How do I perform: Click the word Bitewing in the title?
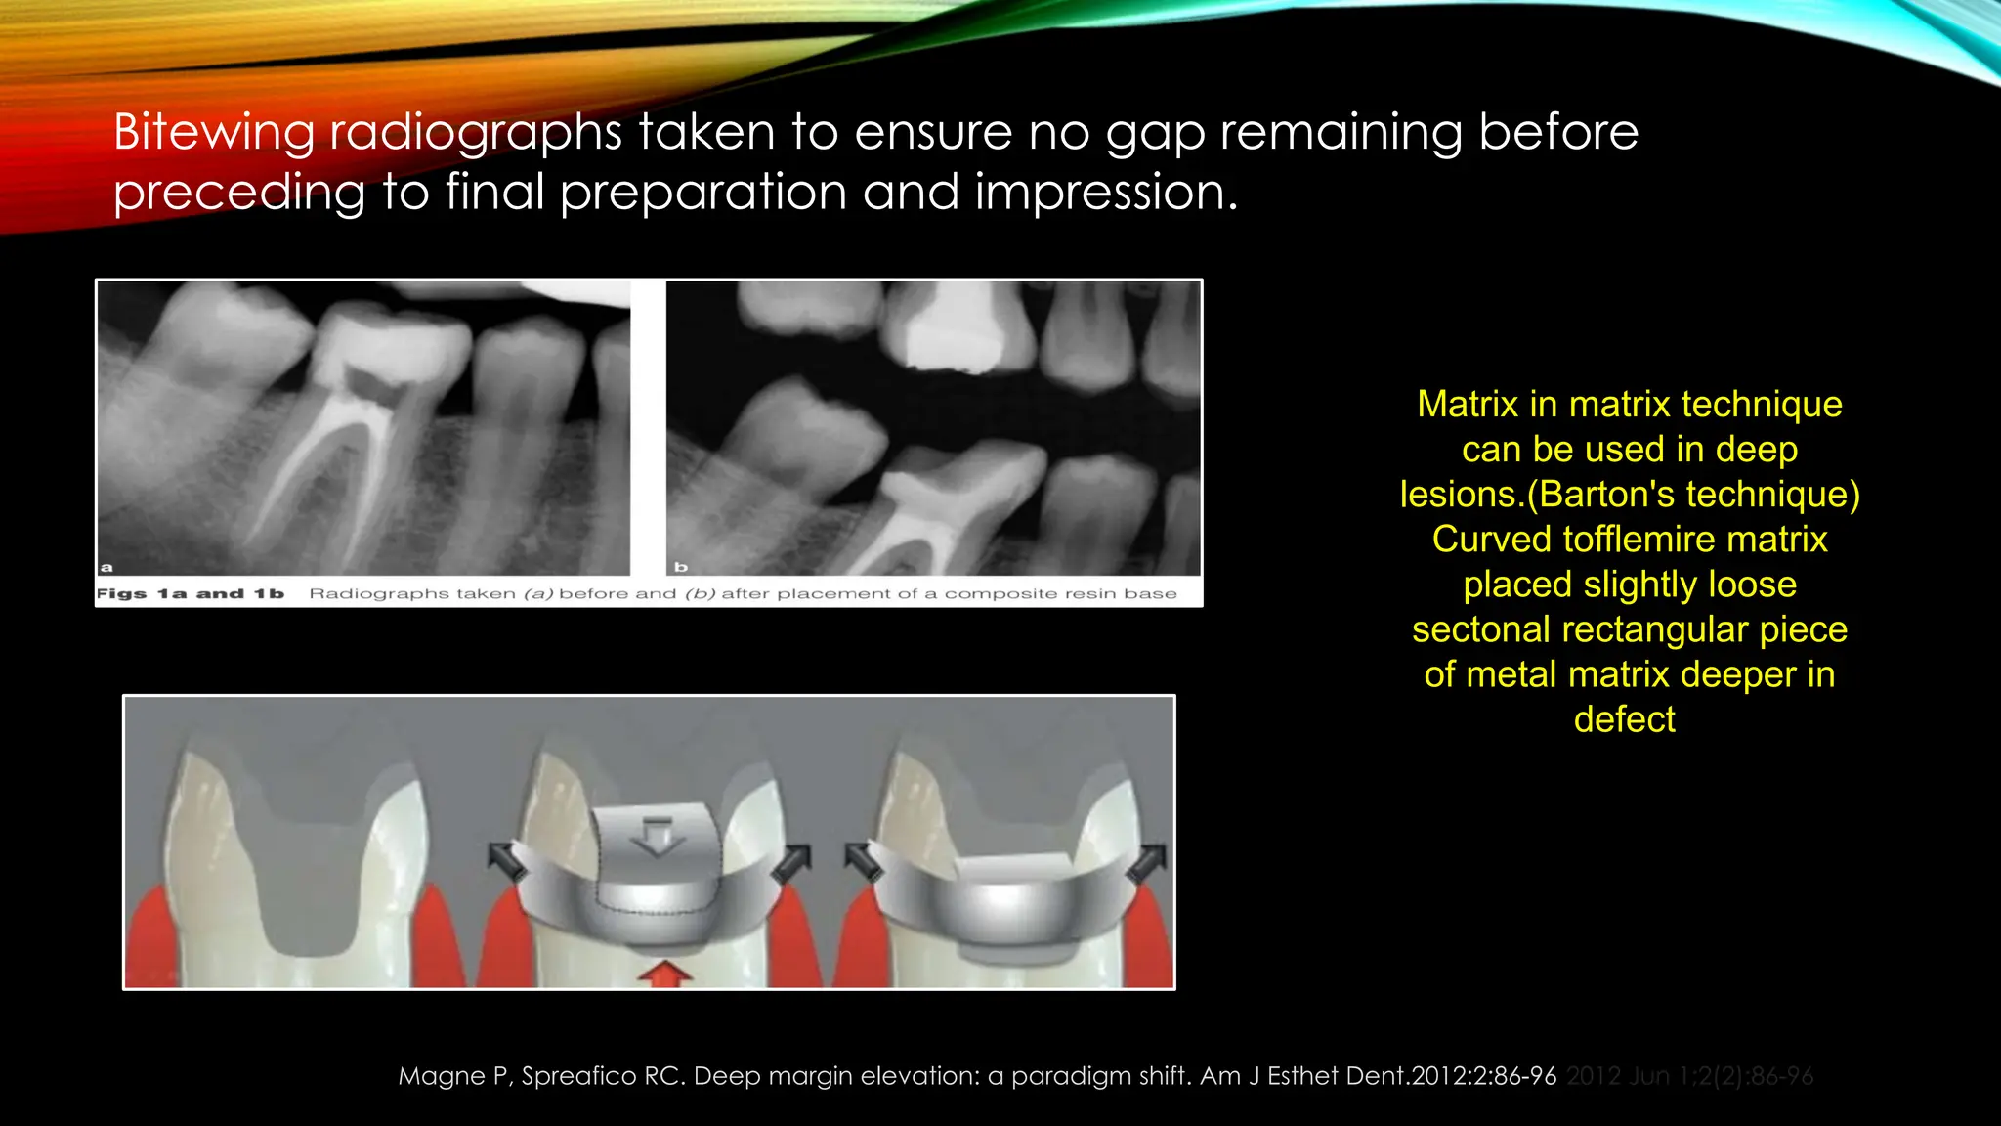[213, 132]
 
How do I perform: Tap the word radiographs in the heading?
[475, 132]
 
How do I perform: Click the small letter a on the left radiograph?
[106, 567]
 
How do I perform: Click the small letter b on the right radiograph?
[681, 567]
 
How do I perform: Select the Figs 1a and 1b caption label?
[190, 594]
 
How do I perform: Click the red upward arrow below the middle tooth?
[664, 973]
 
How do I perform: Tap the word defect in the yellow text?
[1624, 719]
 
